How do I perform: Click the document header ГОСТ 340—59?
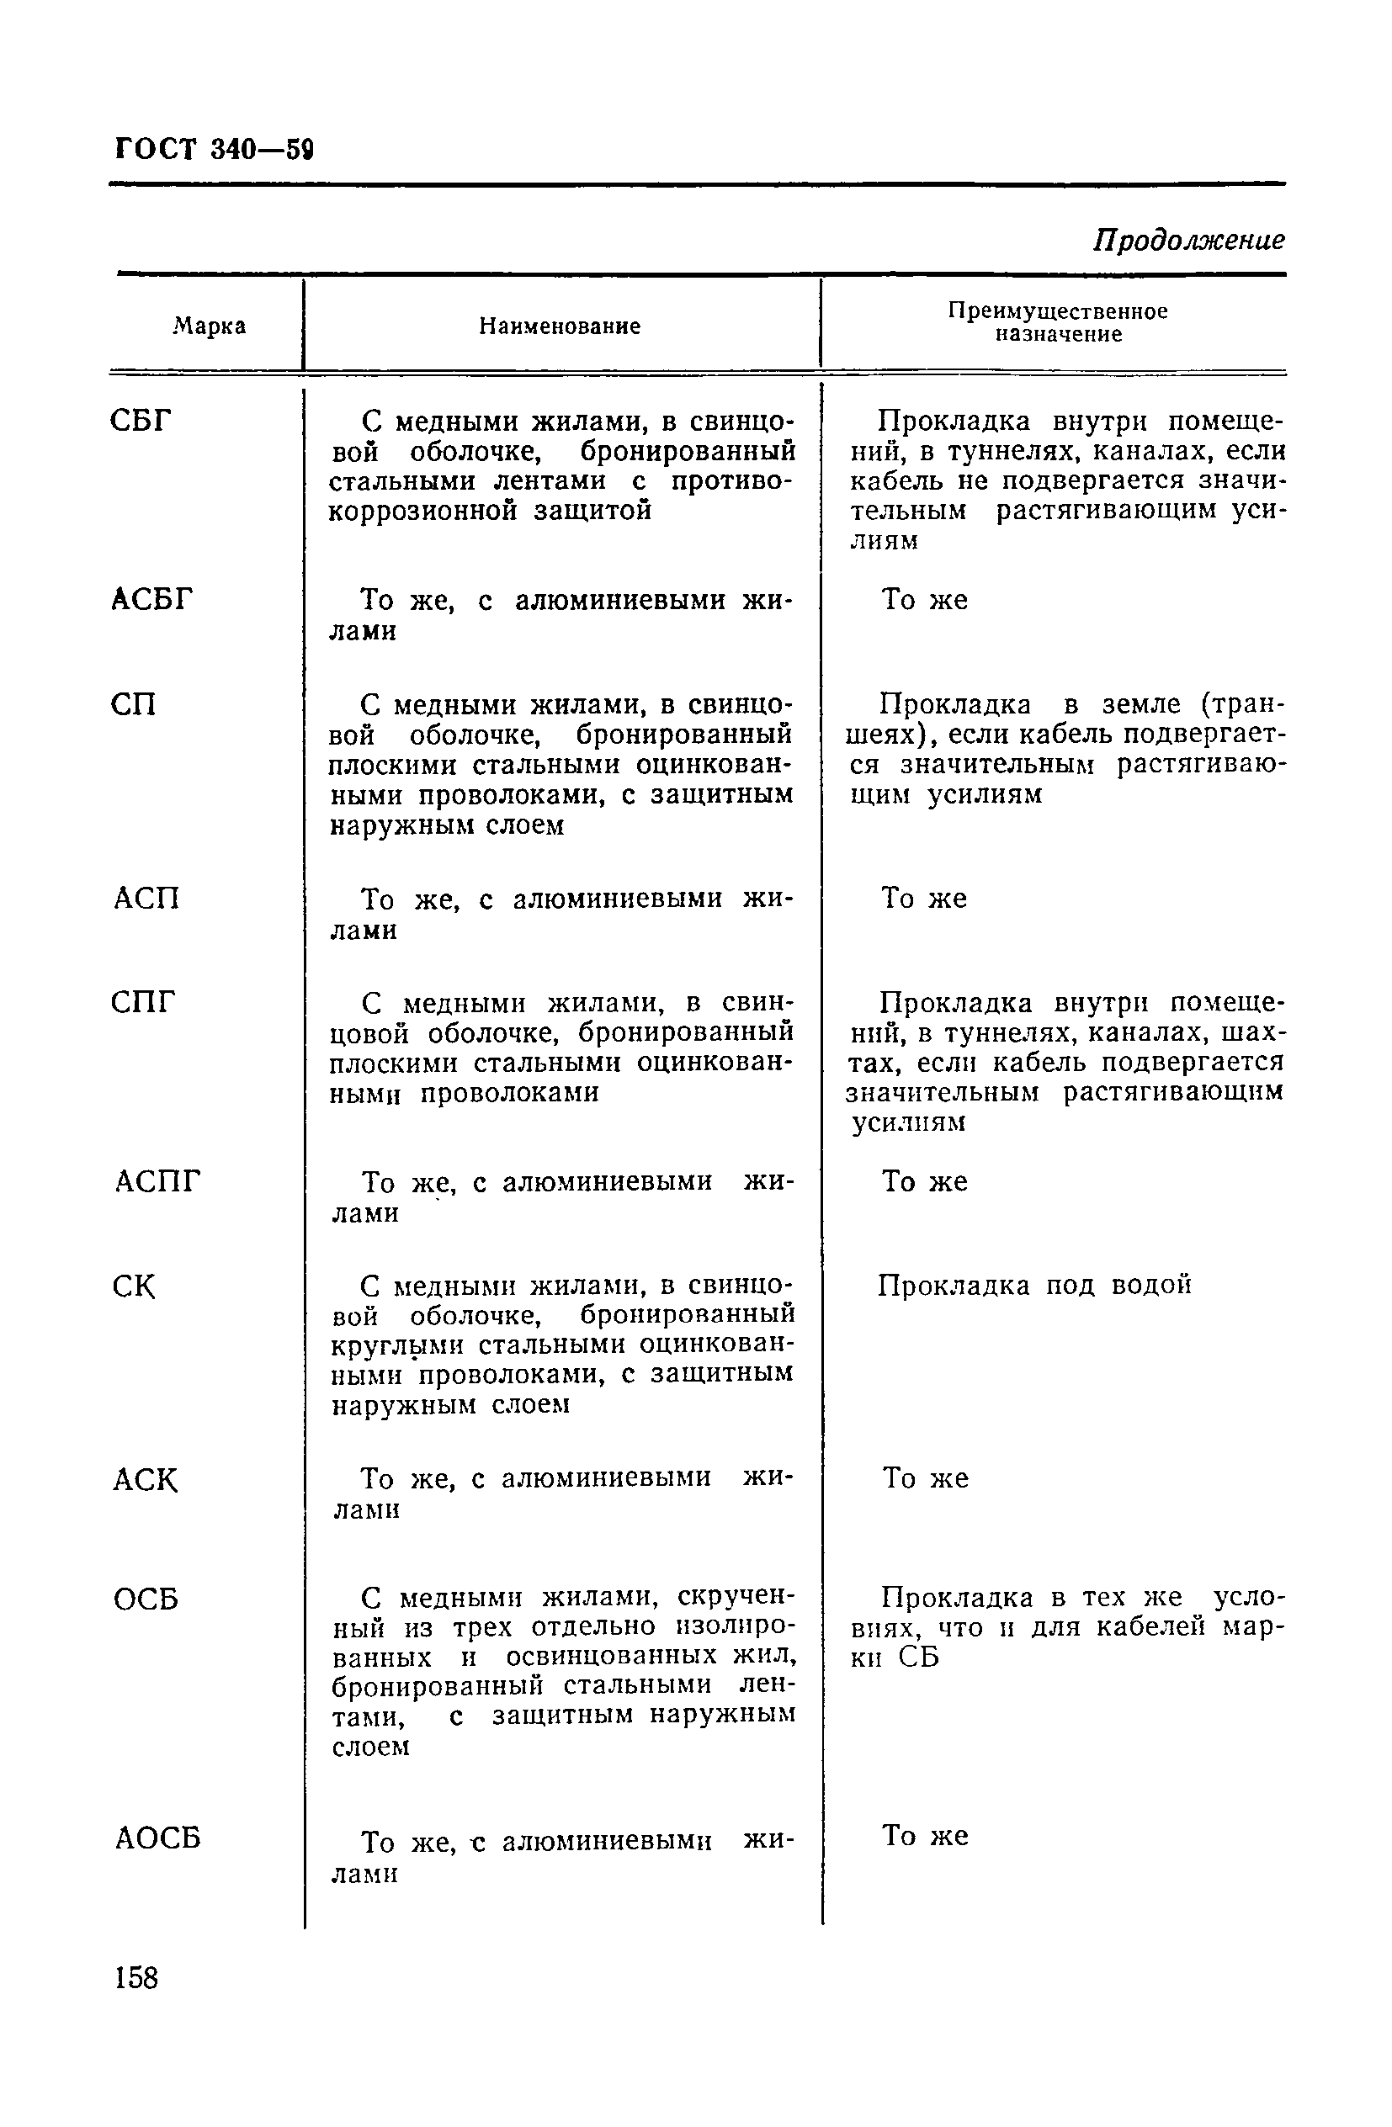pos(215,147)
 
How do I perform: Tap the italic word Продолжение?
pos(1188,240)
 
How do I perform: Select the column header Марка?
pos(210,326)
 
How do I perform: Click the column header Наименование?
pos(560,326)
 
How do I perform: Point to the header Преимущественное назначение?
pos(1058,322)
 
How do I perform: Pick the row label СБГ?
pos(141,419)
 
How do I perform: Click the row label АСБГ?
pos(152,599)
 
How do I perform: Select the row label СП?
pos(134,705)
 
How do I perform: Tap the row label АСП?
pos(146,897)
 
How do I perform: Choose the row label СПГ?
pos(144,1003)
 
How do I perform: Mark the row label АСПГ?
pos(157,1181)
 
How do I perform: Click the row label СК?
pos(134,1287)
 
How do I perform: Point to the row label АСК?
pos(146,1480)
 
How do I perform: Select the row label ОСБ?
pos(146,1599)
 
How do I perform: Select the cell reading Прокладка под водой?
pos(1034,1285)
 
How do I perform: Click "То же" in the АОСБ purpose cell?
pos(924,1836)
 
